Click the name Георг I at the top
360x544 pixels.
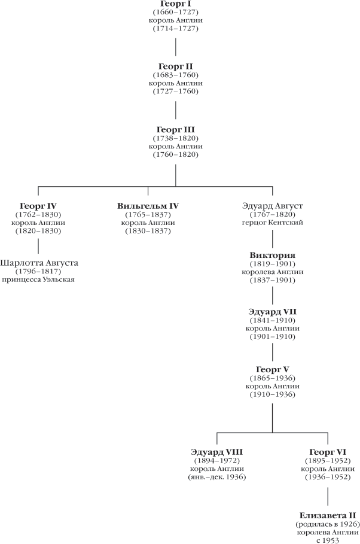tap(175, 4)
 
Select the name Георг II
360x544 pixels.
tap(175, 66)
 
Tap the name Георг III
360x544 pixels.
tap(175, 129)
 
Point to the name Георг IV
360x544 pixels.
tap(38, 206)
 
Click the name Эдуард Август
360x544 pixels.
tap(273, 206)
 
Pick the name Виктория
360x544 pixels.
tap(273, 256)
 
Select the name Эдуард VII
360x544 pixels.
tap(273, 312)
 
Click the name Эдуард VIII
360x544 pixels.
tap(216, 452)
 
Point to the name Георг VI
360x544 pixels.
tap(328, 452)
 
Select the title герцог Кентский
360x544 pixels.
tap(273, 223)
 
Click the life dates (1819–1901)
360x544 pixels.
tap(273, 264)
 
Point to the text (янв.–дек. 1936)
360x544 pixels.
tap(216, 477)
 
